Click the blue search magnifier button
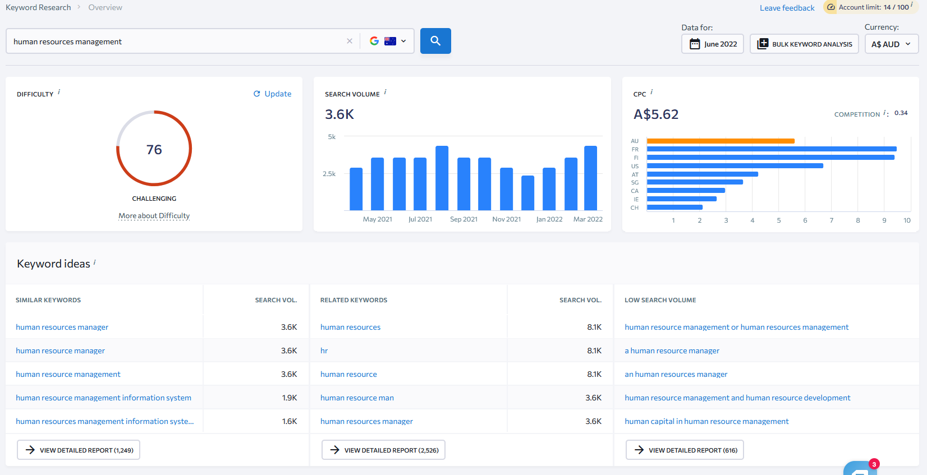(x=435, y=41)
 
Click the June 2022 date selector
(x=713, y=44)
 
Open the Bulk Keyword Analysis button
(x=804, y=44)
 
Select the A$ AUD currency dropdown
(x=891, y=44)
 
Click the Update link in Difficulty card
(x=273, y=94)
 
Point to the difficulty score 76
(x=154, y=150)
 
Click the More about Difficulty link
(x=154, y=215)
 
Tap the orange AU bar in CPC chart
(x=721, y=141)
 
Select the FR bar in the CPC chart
(x=772, y=149)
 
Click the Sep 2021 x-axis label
(x=463, y=219)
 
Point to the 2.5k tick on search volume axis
(x=329, y=174)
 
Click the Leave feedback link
(x=787, y=8)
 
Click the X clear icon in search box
(x=350, y=41)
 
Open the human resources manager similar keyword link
(x=62, y=327)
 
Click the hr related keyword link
(x=324, y=351)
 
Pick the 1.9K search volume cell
(x=290, y=398)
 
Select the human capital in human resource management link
(x=706, y=421)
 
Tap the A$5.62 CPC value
(x=655, y=114)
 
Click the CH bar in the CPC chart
(x=674, y=207)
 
